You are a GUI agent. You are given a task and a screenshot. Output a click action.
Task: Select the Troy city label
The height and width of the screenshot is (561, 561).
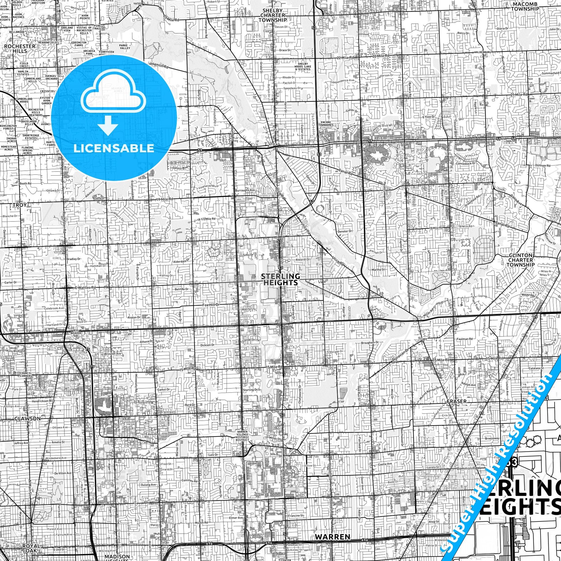coord(20,205)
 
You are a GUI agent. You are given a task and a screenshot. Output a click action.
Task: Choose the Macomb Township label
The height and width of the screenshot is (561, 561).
coord(525,6)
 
